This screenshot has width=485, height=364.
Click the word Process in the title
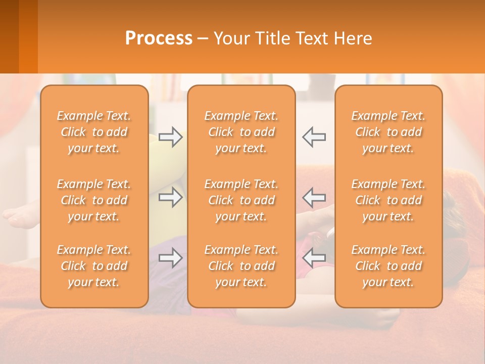coord(159,38)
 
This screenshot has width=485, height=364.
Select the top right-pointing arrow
coord(170,137)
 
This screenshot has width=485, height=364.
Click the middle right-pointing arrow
coord(170,197)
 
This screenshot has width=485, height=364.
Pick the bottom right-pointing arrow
coord(170,258)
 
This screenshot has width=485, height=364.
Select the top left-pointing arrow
coord(314,137)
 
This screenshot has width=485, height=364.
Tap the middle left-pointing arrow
coord(314,197)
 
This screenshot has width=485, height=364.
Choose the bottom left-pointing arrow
coord(314,258)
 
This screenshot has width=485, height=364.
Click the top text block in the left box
coord(94,132)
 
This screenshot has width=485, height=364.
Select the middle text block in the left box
coord(94,200)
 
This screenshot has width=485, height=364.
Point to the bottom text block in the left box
coord(94,266)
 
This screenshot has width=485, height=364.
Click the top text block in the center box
coord(241,132)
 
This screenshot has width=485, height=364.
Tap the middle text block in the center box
coord(241,200)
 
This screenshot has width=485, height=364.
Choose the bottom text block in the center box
coord(241,266)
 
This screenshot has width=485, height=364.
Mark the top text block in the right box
coord(389,132)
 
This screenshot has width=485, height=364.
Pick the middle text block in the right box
coord(389,200)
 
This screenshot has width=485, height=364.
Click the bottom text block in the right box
coord(389,266)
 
